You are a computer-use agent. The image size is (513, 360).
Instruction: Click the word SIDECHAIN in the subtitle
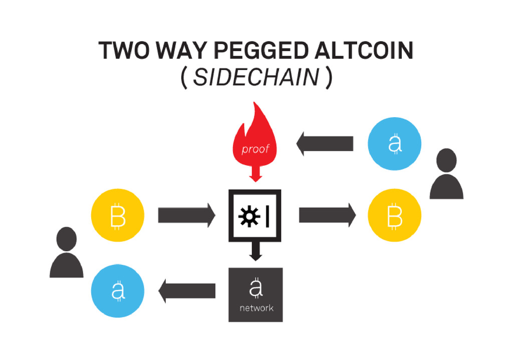point(256,78)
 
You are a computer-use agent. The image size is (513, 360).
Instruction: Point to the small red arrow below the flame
point(256,175)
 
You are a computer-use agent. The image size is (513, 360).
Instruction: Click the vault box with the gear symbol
point(255,216)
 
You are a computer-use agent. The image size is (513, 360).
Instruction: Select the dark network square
point(255,295)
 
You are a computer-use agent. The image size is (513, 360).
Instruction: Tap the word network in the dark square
point(256,308)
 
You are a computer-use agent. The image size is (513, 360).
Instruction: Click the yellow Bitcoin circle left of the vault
point(118,216)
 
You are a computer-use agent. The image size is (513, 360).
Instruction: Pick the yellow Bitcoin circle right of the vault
point(395,216)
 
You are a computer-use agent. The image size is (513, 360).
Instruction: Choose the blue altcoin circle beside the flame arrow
point(395,144)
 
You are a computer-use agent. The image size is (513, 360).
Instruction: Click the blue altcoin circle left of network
point(118,291)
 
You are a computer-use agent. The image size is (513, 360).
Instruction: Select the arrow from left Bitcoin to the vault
point(186,216)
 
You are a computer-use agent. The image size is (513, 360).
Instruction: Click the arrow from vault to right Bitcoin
point(327,216)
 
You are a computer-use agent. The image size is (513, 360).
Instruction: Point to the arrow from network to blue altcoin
point(187,291)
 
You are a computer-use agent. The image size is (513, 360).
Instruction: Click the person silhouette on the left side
point(67,253)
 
